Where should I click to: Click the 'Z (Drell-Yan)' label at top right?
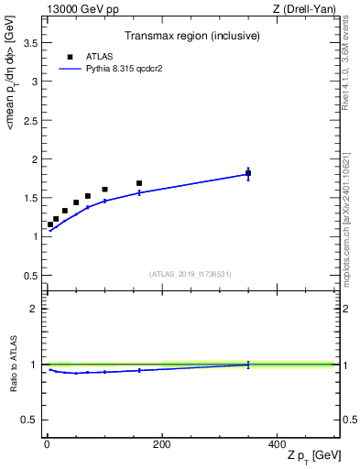304,9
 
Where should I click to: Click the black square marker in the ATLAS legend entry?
70,57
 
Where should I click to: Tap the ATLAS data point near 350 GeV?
248,173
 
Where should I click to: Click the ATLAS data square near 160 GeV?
139,183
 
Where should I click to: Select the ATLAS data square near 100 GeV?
104,190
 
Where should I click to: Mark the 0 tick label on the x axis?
47,442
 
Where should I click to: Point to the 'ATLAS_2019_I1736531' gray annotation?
191,274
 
